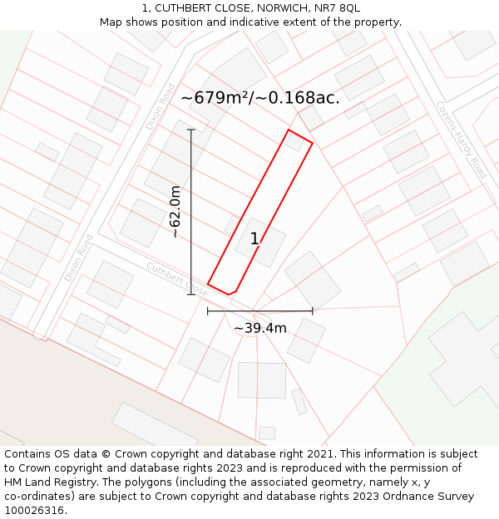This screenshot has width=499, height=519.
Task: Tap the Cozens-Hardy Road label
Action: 462,140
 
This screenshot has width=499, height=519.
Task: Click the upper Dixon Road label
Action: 160,106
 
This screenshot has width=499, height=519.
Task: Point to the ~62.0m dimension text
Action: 175,213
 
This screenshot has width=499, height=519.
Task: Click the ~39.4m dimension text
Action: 260,328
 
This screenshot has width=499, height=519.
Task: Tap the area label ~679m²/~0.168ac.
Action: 260,98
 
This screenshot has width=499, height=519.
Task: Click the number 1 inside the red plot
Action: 254,239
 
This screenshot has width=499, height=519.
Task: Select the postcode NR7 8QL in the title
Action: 338,8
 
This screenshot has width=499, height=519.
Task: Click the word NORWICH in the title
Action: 282,8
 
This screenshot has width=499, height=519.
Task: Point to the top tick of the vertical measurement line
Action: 191,130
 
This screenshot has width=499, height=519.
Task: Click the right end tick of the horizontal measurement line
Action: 313,311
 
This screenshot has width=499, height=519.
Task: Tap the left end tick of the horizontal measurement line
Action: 208,311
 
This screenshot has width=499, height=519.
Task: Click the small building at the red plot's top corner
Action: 294,142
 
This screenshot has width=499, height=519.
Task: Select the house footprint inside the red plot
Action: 260,242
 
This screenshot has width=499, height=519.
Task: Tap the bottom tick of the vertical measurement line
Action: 191,294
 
